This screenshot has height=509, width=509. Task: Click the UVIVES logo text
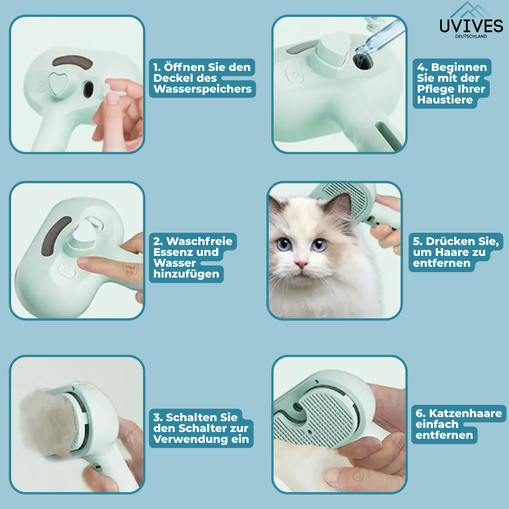471,26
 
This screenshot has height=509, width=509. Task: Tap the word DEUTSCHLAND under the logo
471,36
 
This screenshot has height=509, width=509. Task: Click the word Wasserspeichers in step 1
203,89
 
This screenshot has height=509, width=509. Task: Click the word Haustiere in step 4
445,100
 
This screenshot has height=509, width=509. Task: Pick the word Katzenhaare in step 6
465,413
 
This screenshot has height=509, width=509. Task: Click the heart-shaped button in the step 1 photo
58,83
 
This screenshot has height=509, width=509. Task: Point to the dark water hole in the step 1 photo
89,89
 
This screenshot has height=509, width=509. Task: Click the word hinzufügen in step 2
186,274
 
